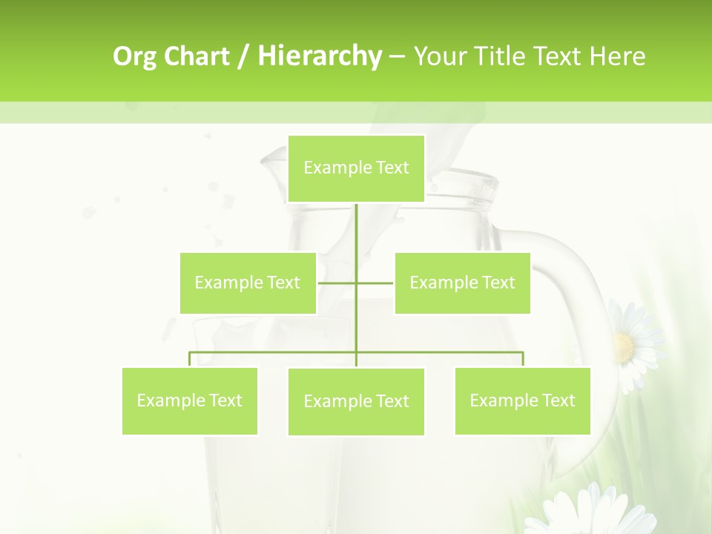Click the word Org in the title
[x=136, y=56]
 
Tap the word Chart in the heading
[x=197, y=56]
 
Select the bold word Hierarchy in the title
[x=319, y=56]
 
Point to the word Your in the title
[x=441, y=56]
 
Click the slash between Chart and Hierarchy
[x=243, y=56]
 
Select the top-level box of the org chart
[x=356, y=168]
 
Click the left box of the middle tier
[x=248, y=283]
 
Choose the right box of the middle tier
[x=462, y=283]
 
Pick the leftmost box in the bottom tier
[x=190, y=400]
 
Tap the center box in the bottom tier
[x=356, y=401]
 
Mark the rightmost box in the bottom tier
[x=522, y=400]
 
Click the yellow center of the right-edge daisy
[x=624, y=345]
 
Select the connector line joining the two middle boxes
[x=337, y=283]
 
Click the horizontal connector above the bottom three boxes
[x=445, y=352]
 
